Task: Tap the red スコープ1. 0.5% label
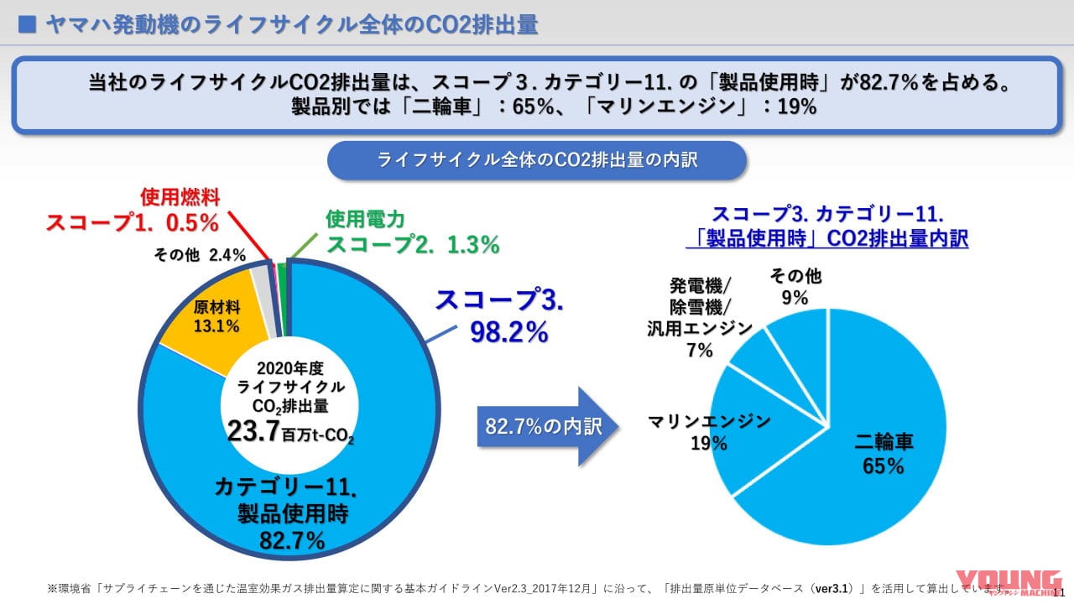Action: click(132, 223)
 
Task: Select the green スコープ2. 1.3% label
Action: click(413, 245)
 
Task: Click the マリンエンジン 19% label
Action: click(709, 431)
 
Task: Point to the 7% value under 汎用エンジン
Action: click(699, 350)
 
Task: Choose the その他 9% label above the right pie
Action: click(795, 286)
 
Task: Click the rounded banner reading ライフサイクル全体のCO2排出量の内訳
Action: click(537, 160)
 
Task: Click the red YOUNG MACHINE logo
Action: click(1011, 585)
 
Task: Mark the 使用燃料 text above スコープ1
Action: click(180, 198)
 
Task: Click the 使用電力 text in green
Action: click(365, 220)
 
